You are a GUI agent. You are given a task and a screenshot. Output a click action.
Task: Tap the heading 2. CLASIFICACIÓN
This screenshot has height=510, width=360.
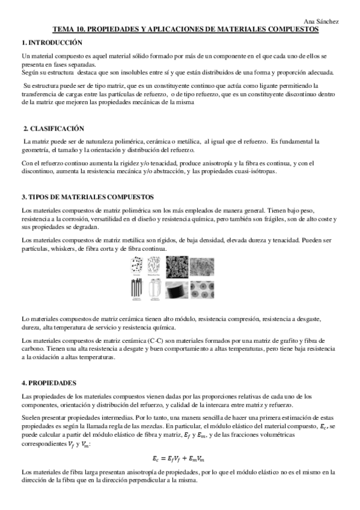53,129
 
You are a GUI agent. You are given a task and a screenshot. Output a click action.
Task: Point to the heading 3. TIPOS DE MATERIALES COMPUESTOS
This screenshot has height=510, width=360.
88,197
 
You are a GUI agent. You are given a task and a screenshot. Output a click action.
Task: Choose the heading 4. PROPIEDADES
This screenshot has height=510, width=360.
48,382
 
